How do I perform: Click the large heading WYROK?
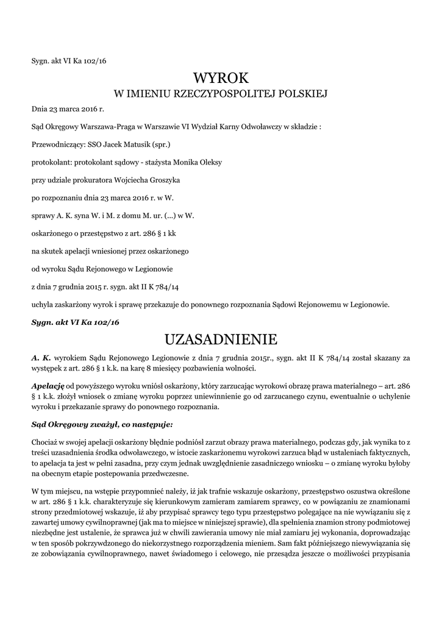pyautogui.click(x=221, y=77)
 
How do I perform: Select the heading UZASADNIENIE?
pyautogui.click(x=221, y=338)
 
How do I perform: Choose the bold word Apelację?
pyautogui.click(x=48, y=386)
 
